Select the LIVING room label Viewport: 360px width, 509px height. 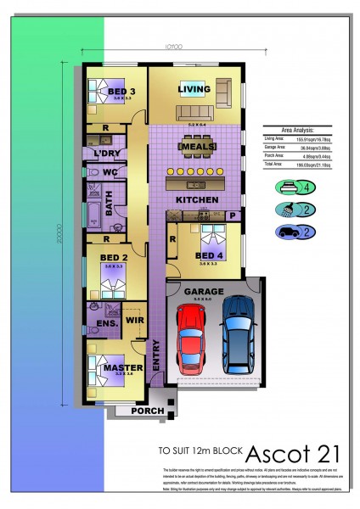coord(194,88)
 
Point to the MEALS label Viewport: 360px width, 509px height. coord(196,147)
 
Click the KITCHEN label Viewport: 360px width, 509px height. coord(197,199)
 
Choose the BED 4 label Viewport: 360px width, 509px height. coord(210,255)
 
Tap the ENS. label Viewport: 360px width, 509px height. coord(106,323)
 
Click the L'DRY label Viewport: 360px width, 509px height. coord(109,153)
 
